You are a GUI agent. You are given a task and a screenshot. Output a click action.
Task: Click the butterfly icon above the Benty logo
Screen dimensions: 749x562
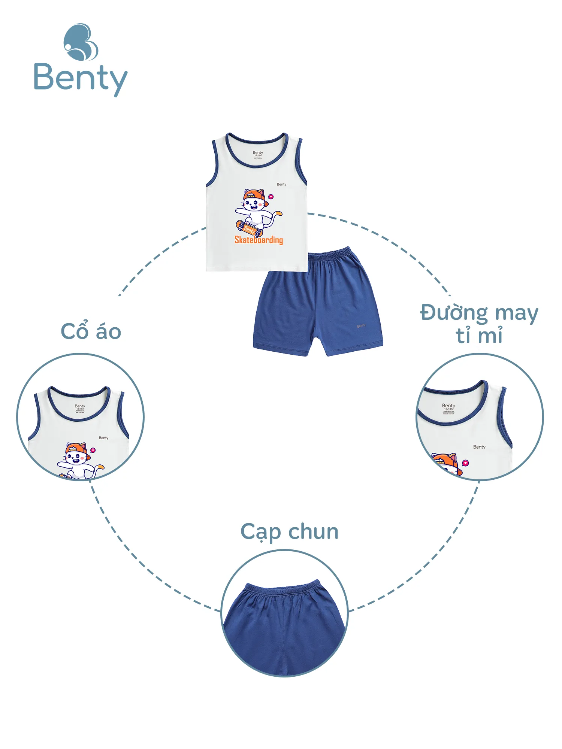(x=81, y=42)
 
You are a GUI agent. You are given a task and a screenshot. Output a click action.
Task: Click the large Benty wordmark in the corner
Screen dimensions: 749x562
(x=81, y=79)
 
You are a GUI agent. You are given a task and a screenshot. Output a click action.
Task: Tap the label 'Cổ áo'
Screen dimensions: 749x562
(x=91, y=331)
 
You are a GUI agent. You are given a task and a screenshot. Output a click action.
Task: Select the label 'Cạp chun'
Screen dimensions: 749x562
(x=289, y=532)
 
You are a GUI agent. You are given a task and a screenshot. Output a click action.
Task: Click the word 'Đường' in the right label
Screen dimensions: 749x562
(x=454, y=313)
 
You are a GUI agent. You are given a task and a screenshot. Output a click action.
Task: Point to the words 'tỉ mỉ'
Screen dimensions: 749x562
(x=479, y=335)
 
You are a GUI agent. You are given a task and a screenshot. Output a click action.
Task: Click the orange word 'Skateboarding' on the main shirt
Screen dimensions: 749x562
(x=259, y=240)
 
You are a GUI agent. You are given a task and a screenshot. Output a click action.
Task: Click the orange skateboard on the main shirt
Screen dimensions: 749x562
(x=247, y=228)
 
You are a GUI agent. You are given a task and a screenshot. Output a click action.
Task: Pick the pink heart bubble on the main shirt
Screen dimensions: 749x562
(x=271, y=197)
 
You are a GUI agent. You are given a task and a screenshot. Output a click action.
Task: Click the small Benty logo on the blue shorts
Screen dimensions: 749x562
(x=361, y=326)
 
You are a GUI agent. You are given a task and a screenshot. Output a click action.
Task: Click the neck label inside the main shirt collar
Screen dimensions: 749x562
(x=258, y=155)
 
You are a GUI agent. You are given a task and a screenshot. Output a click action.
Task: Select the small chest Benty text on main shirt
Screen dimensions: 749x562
(x=281, y=184)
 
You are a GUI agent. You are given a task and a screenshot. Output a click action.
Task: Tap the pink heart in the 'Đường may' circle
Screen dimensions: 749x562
(x=465, y=463)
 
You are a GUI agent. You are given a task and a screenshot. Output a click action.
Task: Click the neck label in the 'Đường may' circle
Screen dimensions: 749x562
(x=448, y=408)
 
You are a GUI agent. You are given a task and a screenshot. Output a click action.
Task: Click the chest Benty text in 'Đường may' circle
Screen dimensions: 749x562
(x=479, y=447)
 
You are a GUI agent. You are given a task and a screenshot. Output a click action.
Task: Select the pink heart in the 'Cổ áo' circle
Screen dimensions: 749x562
(x=93, y=450)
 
